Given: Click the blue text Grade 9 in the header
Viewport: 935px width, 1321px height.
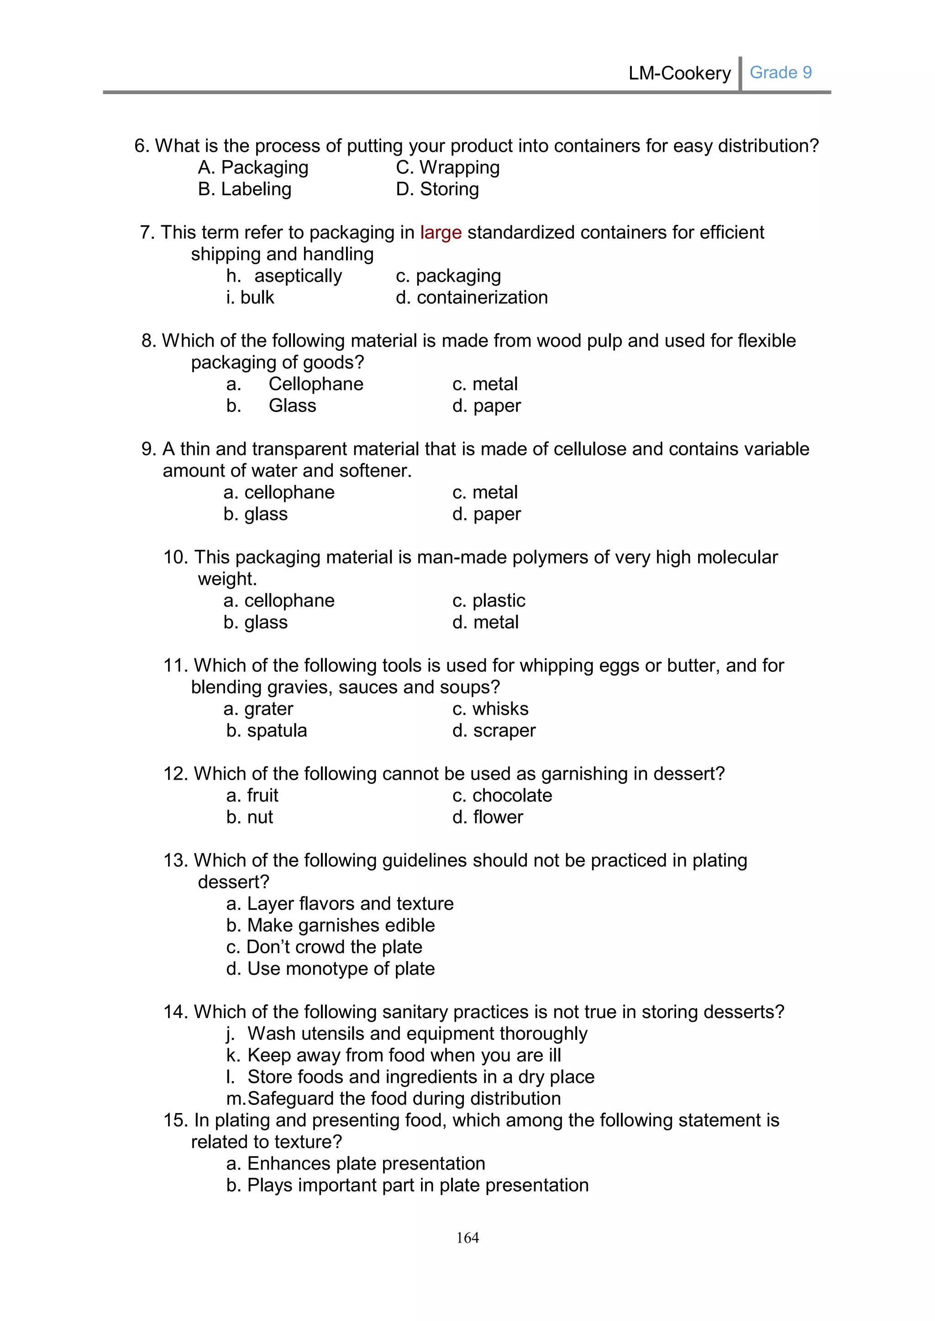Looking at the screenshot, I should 780,73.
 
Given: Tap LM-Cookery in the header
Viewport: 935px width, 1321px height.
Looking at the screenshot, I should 679,73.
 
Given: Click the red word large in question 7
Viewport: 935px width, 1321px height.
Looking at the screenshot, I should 441,233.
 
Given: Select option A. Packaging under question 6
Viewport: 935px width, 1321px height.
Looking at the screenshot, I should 253,167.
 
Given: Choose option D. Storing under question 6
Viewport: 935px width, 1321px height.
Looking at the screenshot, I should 437,189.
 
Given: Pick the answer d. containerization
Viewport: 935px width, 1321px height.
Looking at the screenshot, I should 472,297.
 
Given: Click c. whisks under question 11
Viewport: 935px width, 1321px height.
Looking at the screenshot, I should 490,709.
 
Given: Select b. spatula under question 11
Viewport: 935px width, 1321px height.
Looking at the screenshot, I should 267,731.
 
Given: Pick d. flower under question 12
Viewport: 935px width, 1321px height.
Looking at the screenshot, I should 487,817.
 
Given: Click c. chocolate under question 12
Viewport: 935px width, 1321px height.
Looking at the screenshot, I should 502,796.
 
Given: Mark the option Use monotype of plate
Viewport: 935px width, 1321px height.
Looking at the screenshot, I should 331,969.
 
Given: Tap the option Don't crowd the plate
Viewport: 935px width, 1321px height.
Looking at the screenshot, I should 324,947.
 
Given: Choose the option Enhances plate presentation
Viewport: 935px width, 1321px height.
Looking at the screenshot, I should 356,1163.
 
